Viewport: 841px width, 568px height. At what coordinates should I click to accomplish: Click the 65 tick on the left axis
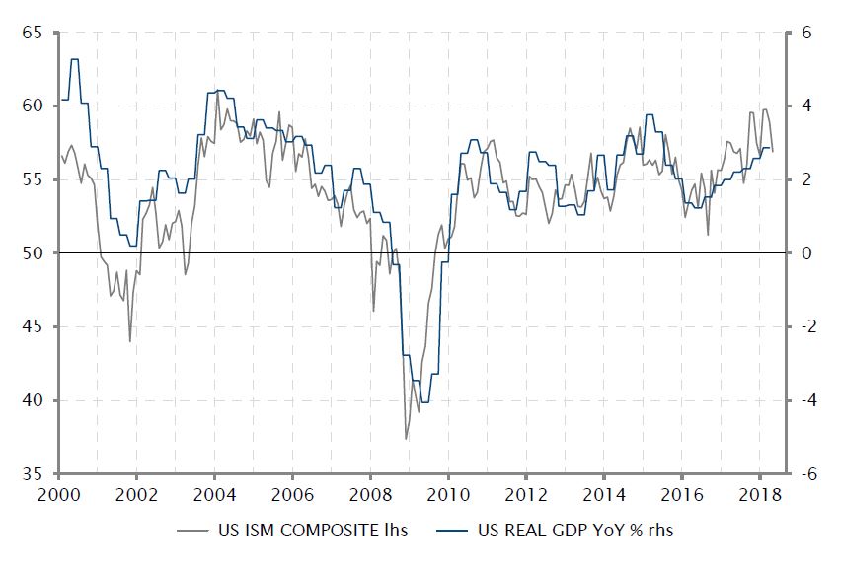point(34,33)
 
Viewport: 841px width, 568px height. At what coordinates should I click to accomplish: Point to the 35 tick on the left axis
point(34,474)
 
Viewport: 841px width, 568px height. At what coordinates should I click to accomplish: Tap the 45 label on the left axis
point(34,327)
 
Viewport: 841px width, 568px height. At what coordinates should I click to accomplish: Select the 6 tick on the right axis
point(805,33)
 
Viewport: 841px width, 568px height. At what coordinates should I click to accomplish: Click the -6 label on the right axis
point(807,474)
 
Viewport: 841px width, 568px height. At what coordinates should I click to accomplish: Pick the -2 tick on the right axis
point(807,327)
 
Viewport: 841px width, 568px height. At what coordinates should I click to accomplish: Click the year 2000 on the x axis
point(59,494)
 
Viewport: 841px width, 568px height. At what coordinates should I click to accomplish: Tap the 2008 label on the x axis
point(370,494)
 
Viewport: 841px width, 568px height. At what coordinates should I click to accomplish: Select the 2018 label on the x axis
point(759,494)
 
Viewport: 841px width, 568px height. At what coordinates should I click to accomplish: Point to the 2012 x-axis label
point(526,494)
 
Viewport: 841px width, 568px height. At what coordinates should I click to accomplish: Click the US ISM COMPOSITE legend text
point(312,531)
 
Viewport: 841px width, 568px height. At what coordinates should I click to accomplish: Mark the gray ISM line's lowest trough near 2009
point(406,439)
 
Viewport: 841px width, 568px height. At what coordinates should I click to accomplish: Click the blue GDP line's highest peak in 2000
point(74,59)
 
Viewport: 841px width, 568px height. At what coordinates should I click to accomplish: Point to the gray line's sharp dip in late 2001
point(130,341)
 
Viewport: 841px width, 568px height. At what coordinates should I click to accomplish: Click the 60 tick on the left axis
point(34,106)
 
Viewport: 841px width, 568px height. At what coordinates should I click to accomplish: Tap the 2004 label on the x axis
point(215,494)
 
